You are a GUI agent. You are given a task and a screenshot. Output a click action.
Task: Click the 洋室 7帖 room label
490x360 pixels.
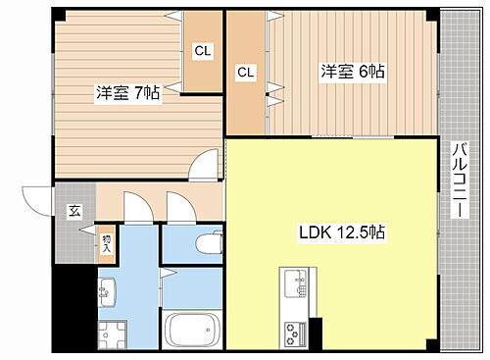pos(127,93)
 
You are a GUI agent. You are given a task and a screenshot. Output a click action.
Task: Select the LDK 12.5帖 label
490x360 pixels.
pos(341,233)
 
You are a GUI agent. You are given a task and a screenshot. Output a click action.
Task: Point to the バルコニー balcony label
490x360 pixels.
pos(458,182)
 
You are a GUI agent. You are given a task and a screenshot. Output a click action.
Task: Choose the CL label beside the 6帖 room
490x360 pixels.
pos(245,73)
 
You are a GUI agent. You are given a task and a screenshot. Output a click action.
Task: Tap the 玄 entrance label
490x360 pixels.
pos(73,211)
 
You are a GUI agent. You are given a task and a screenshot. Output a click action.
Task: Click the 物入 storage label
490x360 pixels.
pos(106,241)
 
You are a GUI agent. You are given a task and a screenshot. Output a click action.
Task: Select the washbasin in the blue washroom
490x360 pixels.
pos(107,290)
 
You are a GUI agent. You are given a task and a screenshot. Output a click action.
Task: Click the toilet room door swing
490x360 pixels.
pos(178,207)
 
